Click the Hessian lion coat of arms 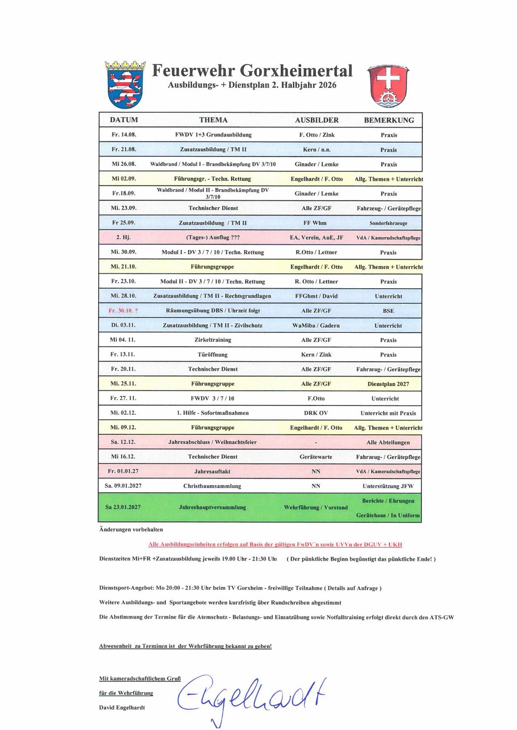[126, 85]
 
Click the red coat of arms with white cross [388, 86]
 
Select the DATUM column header [124, 120]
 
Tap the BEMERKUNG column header [389, 120]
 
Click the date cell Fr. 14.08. [124, 135]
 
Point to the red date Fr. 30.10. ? [123, 311]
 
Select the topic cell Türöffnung [212, 355]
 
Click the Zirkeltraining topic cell [212, 340]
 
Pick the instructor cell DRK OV [316, 413]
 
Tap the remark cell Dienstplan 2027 [388, 384]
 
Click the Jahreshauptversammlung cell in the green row [212, 507]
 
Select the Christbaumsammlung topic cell [212, 486]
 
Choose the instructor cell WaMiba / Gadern [316, 326]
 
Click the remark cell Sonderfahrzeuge [388, 223]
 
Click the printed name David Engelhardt [122, 707]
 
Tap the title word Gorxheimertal [296, 70]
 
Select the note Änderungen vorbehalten [131, 529]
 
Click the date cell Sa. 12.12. [123, 442]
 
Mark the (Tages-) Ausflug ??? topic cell [212, 237]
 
